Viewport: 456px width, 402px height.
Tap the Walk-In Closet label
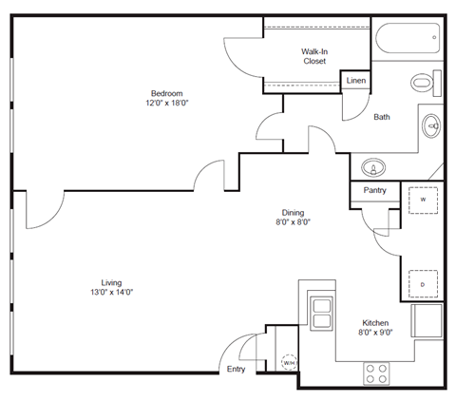pos(314,55)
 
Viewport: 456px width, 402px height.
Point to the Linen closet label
pos(355,82)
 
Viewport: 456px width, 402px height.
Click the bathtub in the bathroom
pos(407,39)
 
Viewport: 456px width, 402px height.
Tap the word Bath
pos(382,118)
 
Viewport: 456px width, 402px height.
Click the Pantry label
pos(374,191)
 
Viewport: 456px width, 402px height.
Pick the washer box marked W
pos(422,201)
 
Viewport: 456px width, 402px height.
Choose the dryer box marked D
pos(422,284)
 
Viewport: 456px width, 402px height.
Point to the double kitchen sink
pos(321,313)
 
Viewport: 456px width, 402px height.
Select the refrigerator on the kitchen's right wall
pos(427,320)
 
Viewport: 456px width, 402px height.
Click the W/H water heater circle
pos(288,363)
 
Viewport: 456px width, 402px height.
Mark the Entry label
pos(236,369)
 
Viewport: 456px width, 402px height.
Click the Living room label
pos(112,282)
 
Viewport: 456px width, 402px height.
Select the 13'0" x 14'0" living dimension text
pos(112,294)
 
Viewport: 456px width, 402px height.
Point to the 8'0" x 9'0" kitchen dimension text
pos(375,334)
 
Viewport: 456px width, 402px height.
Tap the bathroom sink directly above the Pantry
pos(374,168)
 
